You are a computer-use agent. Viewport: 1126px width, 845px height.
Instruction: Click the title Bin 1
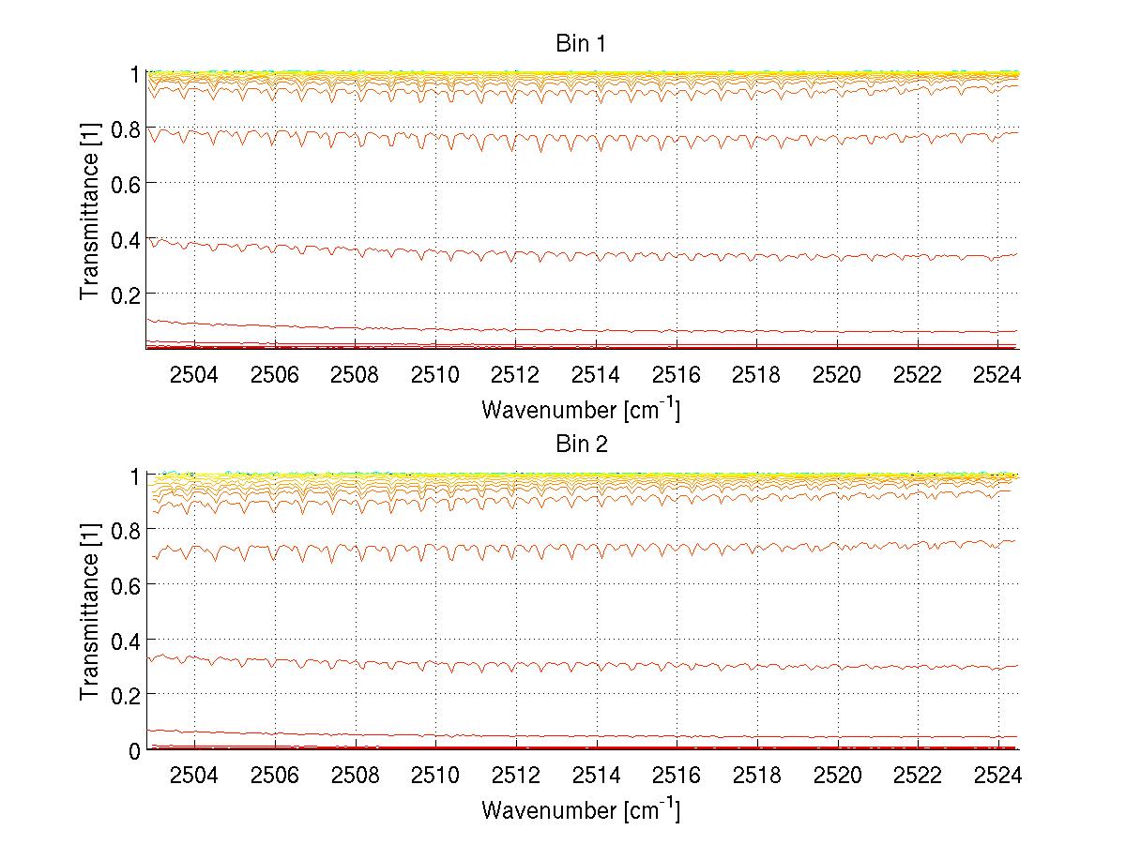pyautogui.click(x=581, y=43)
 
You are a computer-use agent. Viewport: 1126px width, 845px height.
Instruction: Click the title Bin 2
pyautogui.click(x=581, y=445)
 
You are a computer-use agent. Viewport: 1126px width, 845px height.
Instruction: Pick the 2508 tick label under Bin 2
pyautogui.click(x=356, y=777)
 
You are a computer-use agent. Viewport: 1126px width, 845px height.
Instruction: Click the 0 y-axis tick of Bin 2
pyautogui.click(x=135, y=750)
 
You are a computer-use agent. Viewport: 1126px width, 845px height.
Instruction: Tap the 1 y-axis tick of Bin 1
pyautogui.click(x=135, y=73)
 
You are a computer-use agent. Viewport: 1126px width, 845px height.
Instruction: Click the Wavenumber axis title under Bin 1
pyautogui.click(x=581, y=409)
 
